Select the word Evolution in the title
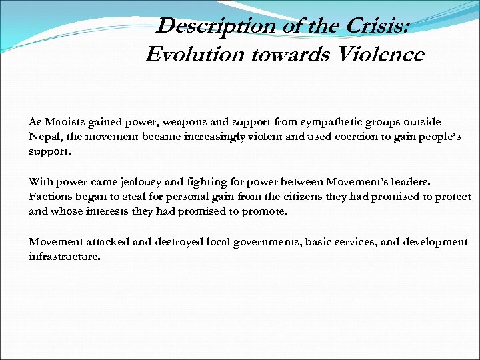coord(195,55)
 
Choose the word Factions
coord(49,197)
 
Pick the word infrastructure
coord(64,256)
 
